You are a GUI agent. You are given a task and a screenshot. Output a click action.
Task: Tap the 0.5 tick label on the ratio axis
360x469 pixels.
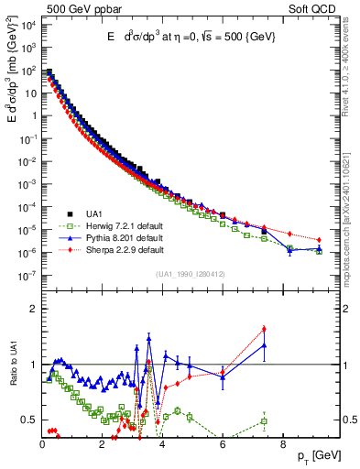pyautogui.click(x=28, y=420)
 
